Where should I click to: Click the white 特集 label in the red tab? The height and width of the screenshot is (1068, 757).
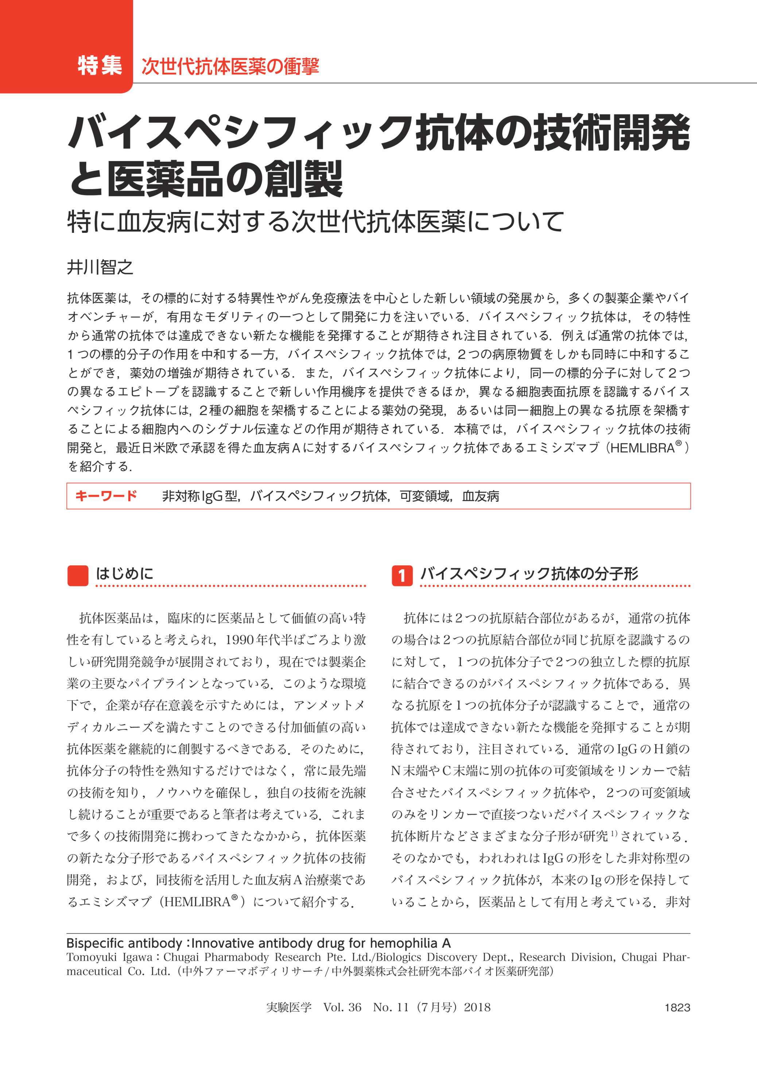pos(100,66)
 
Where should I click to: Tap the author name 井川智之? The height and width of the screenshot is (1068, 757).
pos(100,267)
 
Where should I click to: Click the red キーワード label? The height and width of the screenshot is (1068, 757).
pos(106,496)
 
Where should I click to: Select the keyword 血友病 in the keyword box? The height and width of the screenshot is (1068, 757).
pos(481,496)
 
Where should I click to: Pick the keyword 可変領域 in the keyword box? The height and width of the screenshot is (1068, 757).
pos(425,496)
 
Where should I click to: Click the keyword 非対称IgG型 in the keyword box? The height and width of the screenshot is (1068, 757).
pos(200,496)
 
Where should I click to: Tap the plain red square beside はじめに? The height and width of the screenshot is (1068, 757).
pos(78,575)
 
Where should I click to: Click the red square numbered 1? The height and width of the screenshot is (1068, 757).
pos(402,575)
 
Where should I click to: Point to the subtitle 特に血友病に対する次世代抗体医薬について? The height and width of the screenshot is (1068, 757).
pos(315,221)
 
